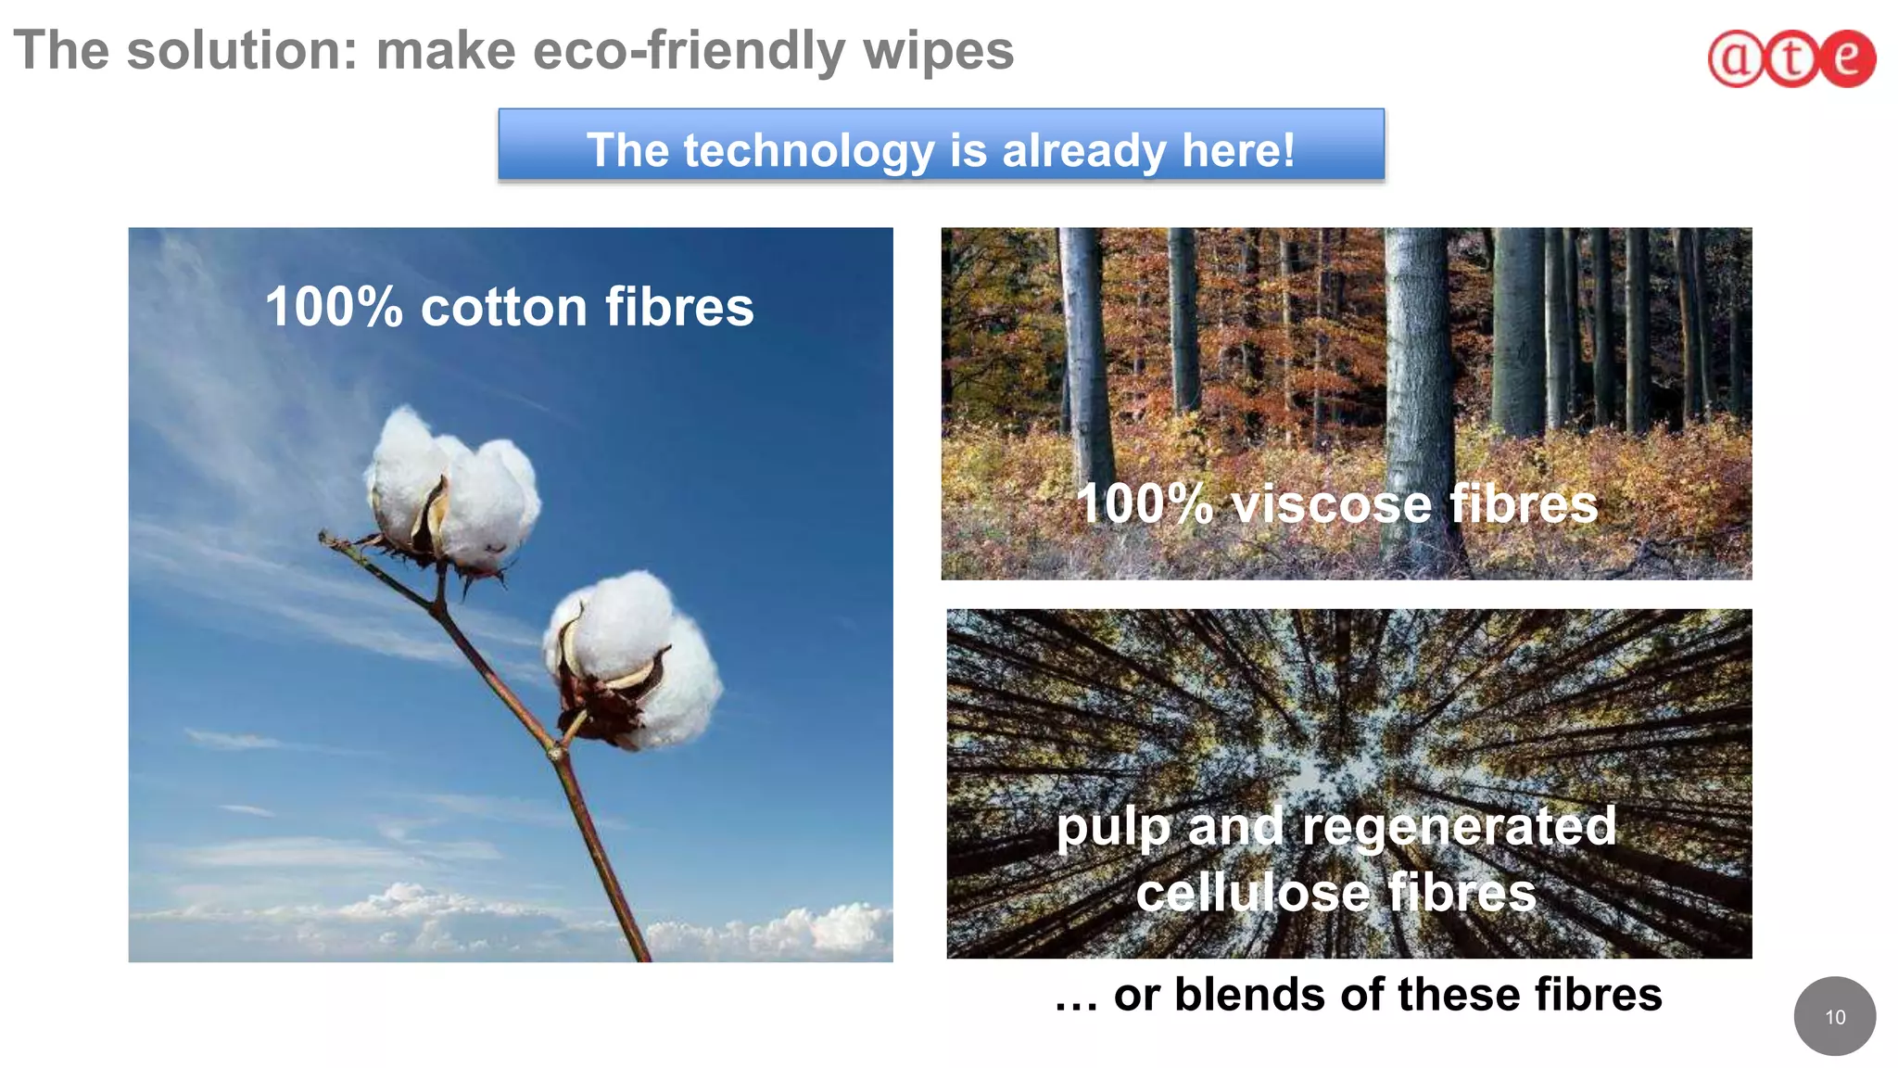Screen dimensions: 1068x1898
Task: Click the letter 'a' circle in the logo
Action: pos(1735,59)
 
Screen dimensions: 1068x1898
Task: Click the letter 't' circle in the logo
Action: pos(1791,59)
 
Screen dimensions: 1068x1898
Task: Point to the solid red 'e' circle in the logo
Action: pos(1847,58)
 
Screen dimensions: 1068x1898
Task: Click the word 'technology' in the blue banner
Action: pos(808,150)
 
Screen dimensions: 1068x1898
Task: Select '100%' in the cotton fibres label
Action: pos(334,307)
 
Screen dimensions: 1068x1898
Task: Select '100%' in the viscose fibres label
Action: pos(1144,504)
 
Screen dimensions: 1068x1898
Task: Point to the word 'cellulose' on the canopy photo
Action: pos(1253,893)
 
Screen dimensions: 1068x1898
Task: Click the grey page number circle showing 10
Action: pos(1834,1016)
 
